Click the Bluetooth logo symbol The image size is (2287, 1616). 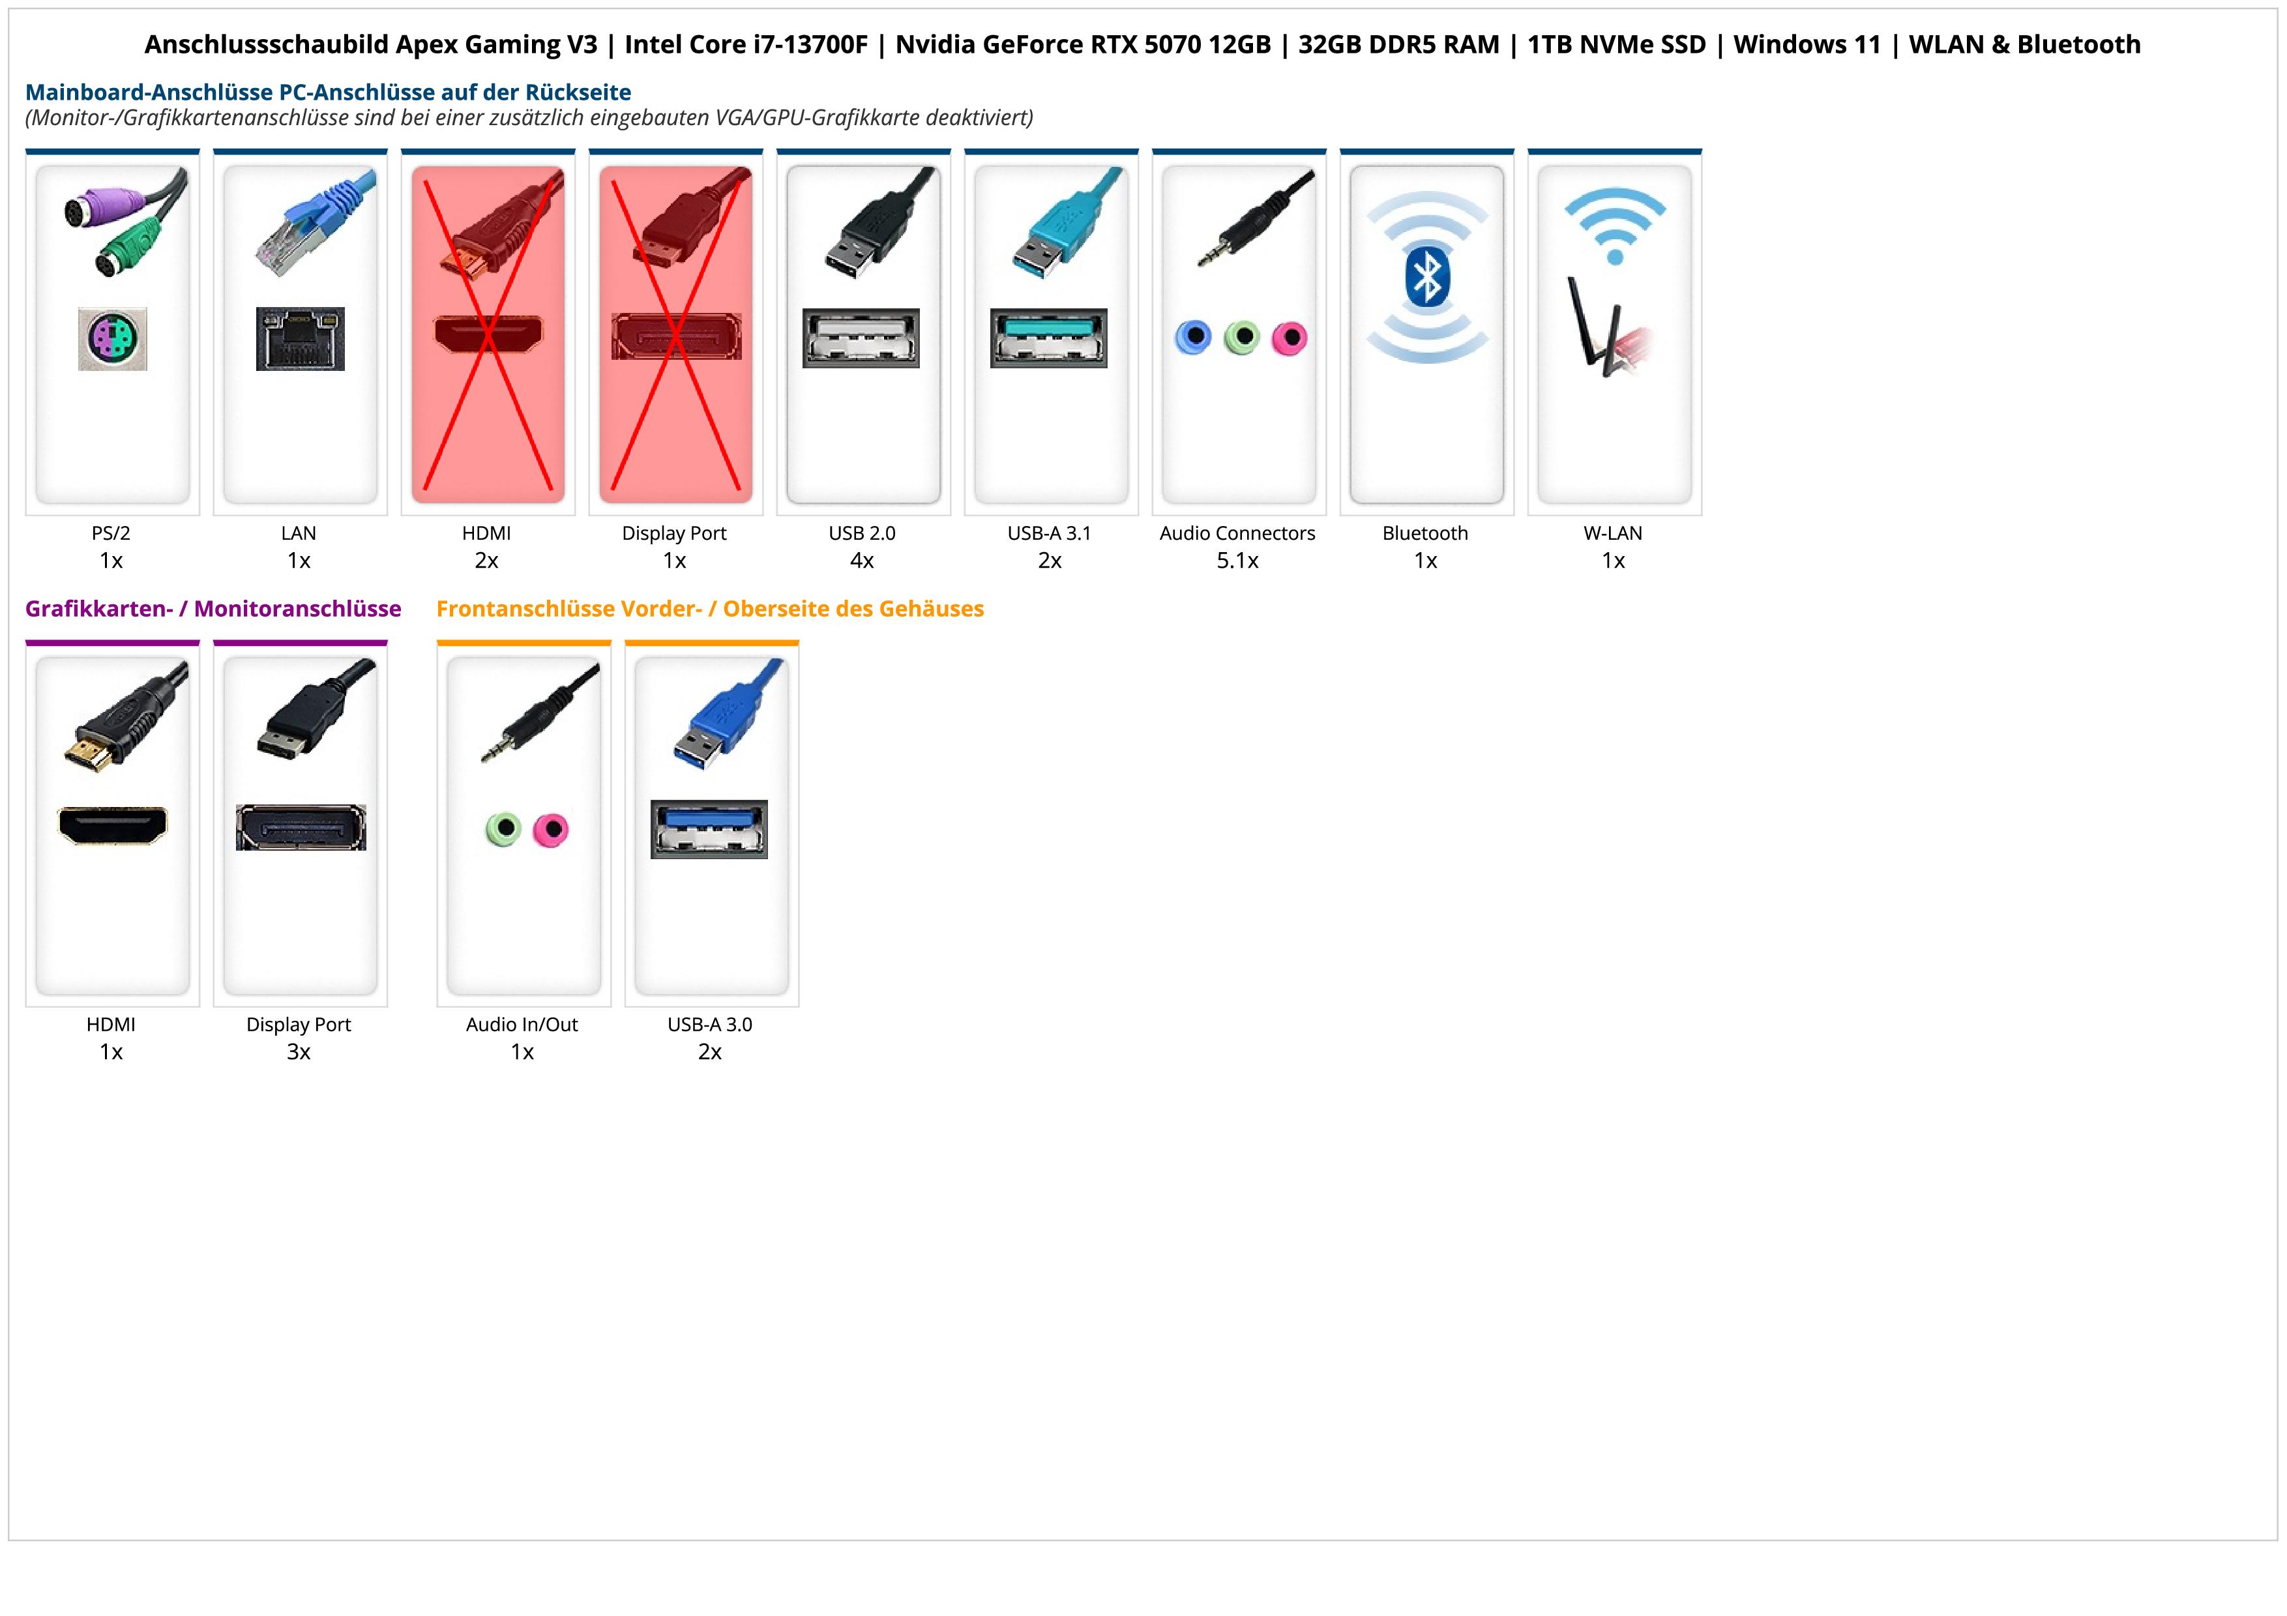(x=1426, y=278)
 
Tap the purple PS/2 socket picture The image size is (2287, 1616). (x=113, y=338)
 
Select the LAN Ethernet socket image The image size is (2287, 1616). (x=300, y=338)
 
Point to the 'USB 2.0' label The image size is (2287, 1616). (x=862, y=533)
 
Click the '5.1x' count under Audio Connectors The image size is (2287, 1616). (x=1237, y=561)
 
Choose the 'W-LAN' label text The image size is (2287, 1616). (x=1613, y=533)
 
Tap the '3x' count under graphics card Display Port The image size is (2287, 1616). (x=299, y=1051)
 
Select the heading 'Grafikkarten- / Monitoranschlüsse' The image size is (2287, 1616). (x=213, y=608)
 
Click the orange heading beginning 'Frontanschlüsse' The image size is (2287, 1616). (x=709, y=608)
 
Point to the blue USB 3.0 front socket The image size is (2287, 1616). (x=709, y=829)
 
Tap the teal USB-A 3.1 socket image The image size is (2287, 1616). (x=1048, y=338)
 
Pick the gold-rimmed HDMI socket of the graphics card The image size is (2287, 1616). (x=113, y=825)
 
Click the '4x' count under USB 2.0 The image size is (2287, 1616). (x=862, y=561)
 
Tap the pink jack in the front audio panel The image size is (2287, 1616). (x=550, y=829)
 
